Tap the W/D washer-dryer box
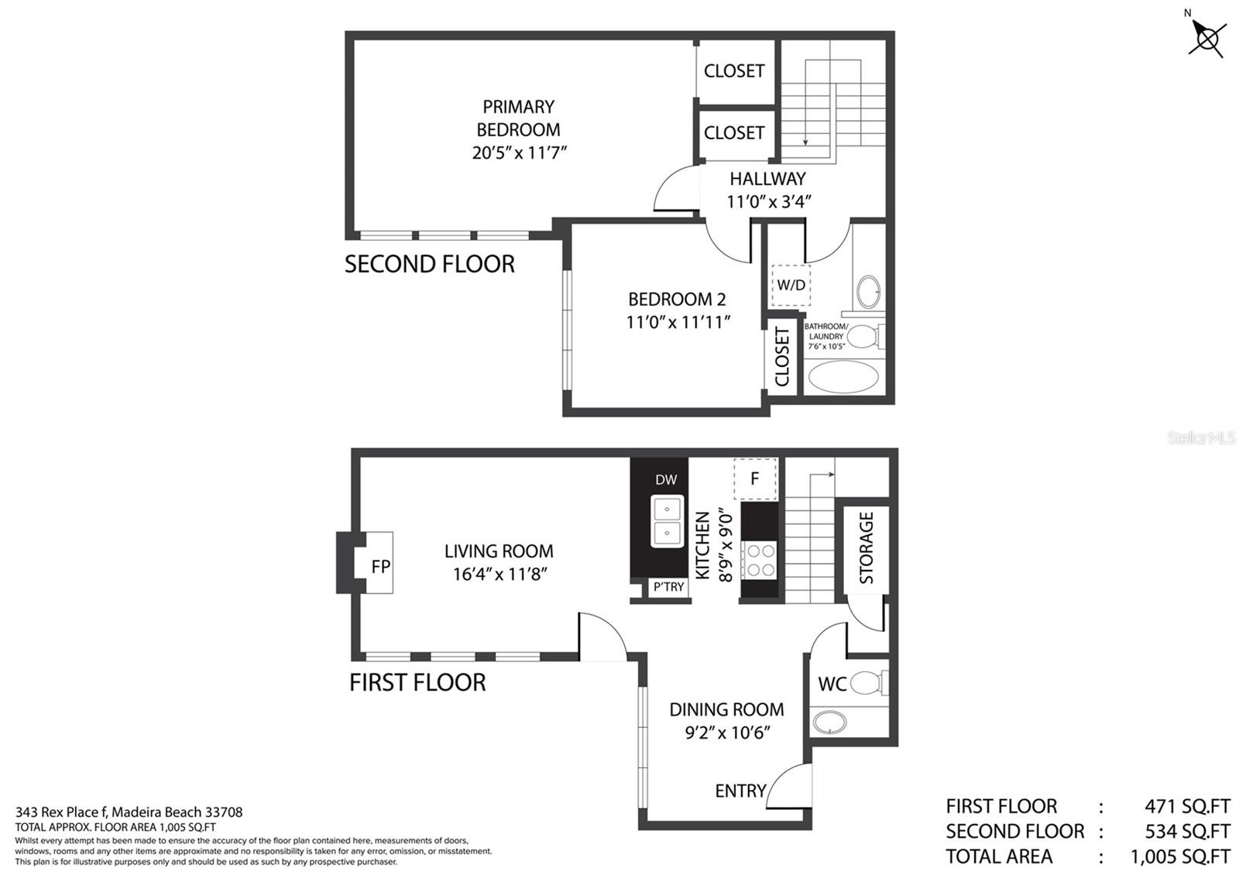click(x=791, y=286)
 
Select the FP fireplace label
click(x=381, y=566)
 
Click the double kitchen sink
click(x=667, y=521)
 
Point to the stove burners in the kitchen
click(x=760, y=560)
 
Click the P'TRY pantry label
click(x=669, y=587)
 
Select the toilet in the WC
click(x=869, y=683)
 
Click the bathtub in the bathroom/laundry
click(x=843, y=377)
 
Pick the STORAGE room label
click(x=867, y=547)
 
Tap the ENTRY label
click(x=740, y=791)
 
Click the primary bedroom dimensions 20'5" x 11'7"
click(x=520, y=153)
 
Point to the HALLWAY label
click(x=767, y=179)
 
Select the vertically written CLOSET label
click(x=781, y=356)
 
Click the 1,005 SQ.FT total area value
click(x=1180, y=856)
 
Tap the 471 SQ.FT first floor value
click(x=1188, y=806)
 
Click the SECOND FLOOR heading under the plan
click(x=430, y=264)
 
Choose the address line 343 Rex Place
click(x=129, y=812)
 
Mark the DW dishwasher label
click(x=666, y=479)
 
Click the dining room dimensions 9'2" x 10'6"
click(x=727, y=733)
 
